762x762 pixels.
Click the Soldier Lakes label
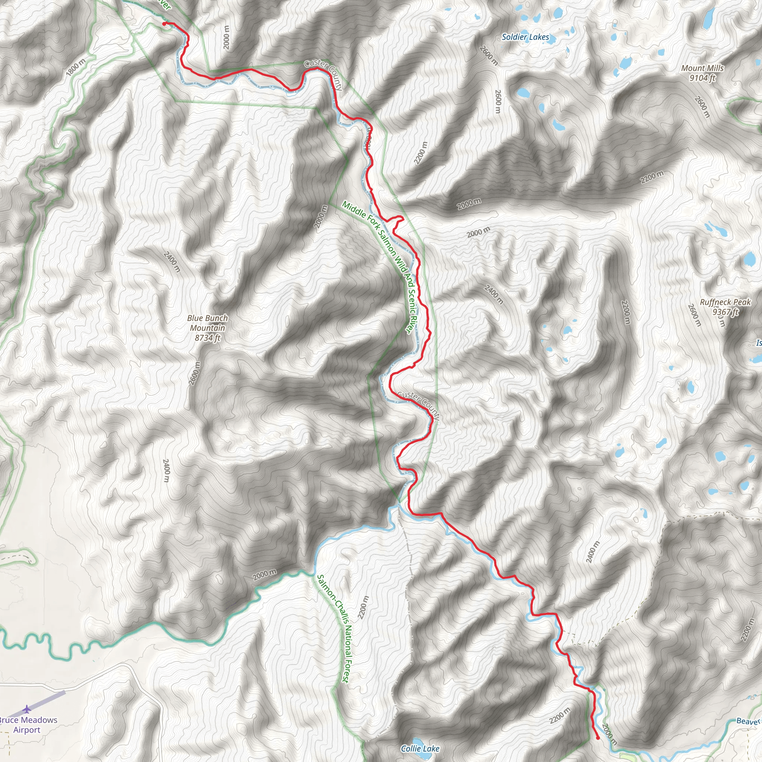click(525, 37)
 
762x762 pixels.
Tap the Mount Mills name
click(702, 68)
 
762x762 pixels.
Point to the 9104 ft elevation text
click(702, 78)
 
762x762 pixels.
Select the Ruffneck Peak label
click(725, 302)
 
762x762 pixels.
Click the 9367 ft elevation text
click(725, 312)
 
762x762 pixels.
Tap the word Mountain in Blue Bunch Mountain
click(208, 328)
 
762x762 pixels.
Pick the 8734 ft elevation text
click(208, 337)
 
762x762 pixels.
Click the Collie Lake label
click(420, 749)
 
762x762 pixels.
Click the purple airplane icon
click(26, 710)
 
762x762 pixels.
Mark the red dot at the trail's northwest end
click(164, 24)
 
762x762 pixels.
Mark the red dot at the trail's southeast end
click(598, 738)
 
